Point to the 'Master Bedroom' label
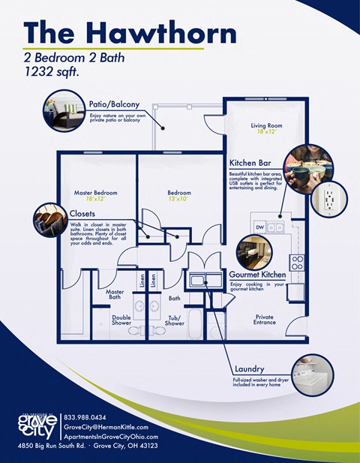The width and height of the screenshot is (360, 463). (x=95, y=193)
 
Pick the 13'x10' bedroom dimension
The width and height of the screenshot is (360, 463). (x=178, y=200)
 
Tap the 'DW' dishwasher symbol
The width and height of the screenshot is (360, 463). (x=260, y=227)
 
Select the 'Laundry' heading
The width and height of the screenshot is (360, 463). (x=248, y=369)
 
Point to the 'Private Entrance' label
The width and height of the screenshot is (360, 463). (x=265, y=320)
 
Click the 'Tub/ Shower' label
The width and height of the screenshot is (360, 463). (x=175, y=320)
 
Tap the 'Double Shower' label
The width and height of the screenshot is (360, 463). (x=121, y=320)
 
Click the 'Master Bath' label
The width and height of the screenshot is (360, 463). (x=115, y=295)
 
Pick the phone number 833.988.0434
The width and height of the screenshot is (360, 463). (x=85, y=417)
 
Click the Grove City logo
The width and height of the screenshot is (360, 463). (x=36, y=425)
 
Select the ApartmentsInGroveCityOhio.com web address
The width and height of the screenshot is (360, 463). (x=111, y=437)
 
